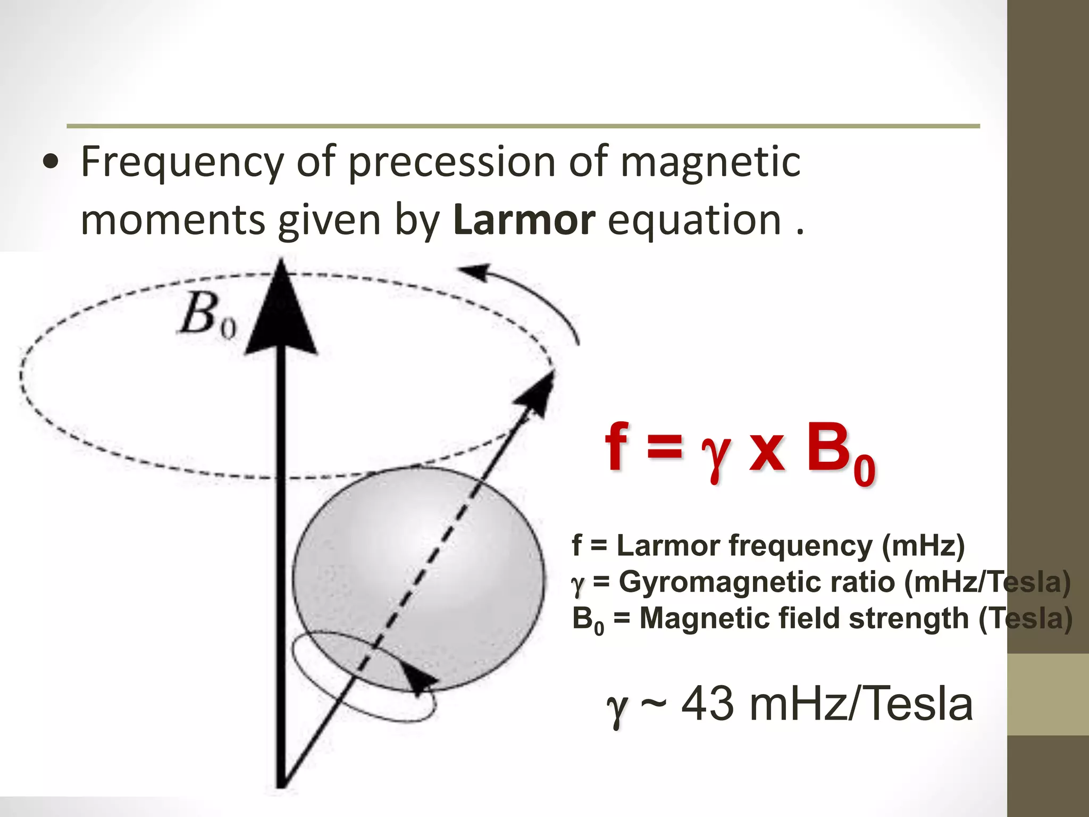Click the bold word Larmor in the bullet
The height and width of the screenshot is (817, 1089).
pyautogui.click(x=524, y=220)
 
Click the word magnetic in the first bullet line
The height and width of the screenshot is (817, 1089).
pyautogui.click(x=710, y=162)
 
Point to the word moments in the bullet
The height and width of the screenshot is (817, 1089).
pyautogui.click(x=172, y=220)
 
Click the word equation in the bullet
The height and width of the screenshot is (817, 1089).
pyautogui.click(x=694, y=220)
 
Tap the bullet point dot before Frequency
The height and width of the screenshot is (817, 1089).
pyautogui.click(x=51, y=163)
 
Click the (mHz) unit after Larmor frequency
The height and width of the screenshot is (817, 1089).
pyautogui.click(x=923, y=546)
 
